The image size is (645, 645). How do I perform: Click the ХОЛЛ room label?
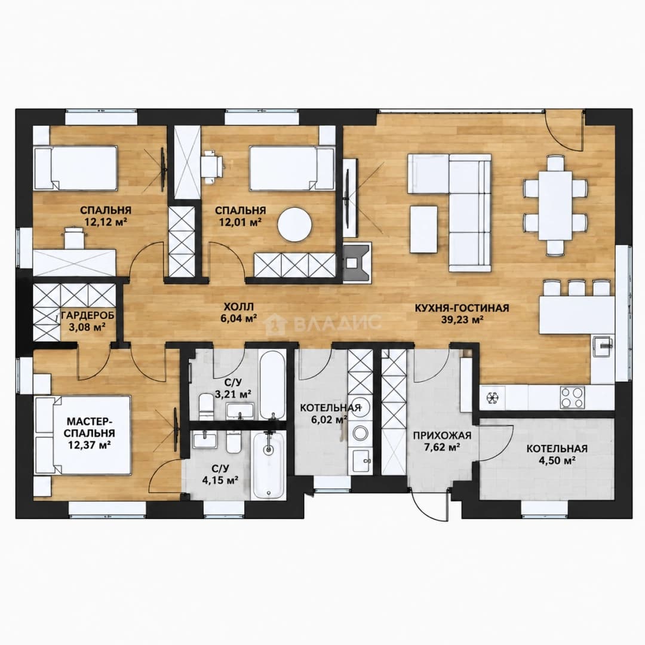(238, 306)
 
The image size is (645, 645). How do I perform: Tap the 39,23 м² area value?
(462, 320)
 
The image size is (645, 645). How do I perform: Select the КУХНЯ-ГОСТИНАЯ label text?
(462, 308)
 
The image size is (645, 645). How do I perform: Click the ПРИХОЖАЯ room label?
(442, 435)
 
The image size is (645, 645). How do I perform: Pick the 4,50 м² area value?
(557, 460)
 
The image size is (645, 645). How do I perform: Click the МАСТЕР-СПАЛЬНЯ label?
(91, 427)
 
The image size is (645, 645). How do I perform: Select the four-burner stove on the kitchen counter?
(572, 397)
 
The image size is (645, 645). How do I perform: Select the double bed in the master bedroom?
(83, 435)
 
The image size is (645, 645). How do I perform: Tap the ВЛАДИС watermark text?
(337, 322)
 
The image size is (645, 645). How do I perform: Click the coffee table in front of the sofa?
(423, 229)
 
